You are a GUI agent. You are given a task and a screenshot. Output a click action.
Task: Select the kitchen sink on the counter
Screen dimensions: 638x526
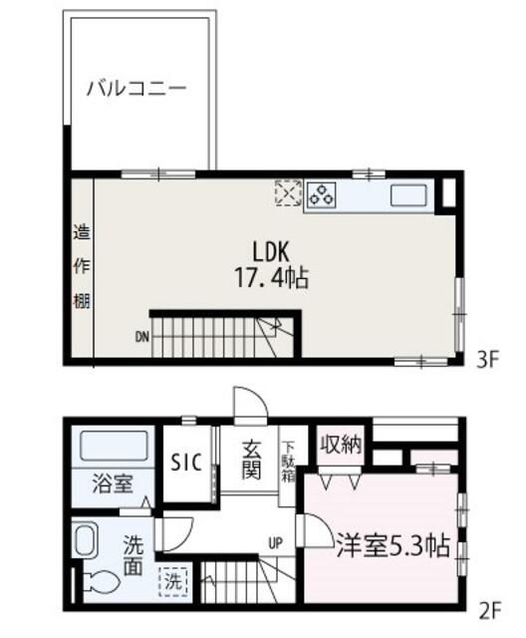pos(408,193)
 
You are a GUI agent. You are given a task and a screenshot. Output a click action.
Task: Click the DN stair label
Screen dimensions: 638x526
pos(141,336)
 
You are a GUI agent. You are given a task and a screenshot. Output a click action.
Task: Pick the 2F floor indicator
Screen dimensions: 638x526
pos(486,607)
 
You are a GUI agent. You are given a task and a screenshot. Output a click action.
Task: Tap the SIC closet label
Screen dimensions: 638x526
pos(186,463)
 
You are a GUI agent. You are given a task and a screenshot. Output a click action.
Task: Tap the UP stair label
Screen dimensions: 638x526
pos(275,543)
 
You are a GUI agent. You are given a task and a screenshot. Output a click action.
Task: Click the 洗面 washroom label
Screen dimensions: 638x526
pos(133,555)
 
